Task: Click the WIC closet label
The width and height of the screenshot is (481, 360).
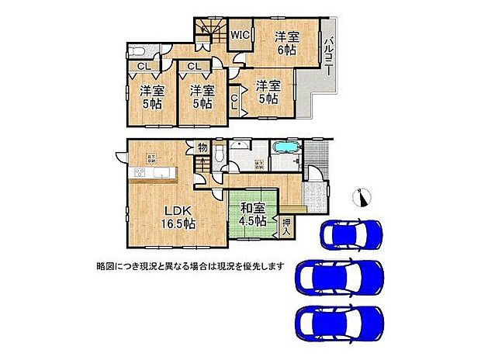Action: tap(239, 34)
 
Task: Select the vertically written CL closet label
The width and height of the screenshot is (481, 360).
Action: tap(236, 101)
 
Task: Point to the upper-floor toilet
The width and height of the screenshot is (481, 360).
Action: tap(138, 52)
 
